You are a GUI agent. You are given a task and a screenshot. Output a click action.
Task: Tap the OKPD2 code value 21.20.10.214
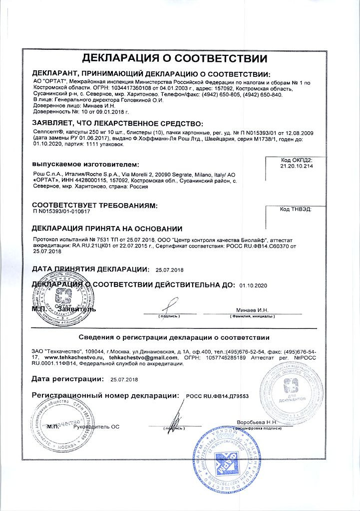[297, 165]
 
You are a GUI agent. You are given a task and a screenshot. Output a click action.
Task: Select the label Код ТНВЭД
[296, 210]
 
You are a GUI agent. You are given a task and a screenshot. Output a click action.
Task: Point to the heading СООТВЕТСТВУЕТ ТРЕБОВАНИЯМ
[94, 205]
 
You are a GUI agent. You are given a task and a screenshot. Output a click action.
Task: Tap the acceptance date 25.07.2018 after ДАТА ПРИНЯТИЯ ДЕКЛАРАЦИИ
[170, 270]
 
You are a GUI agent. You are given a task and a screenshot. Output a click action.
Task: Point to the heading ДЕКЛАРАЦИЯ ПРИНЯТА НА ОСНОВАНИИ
[107, 229]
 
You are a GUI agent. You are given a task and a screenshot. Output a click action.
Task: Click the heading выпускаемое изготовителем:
[85, 164]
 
